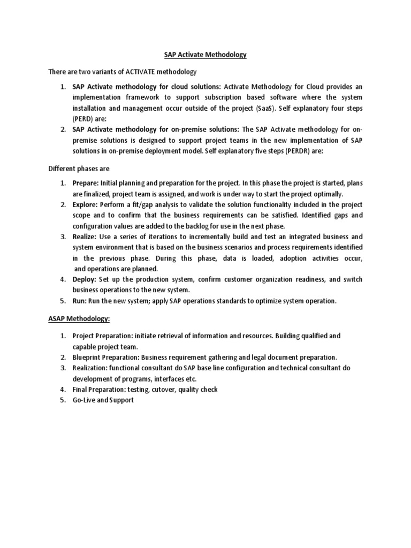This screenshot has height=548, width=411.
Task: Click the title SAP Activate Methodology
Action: click(205, 55)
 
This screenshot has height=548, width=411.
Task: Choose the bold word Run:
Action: click(80, 301)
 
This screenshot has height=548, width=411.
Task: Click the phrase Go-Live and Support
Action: click(103, 400)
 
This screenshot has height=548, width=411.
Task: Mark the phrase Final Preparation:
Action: click(98, 389)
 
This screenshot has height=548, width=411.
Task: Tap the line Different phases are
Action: click(79, 168)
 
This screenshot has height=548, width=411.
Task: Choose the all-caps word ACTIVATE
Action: click(143, 71)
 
